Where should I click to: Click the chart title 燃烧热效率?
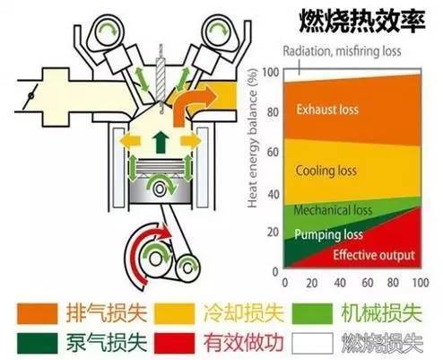362,21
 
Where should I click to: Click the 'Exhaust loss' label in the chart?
327,110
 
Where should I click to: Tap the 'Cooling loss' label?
326,171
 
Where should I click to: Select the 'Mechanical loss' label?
333,210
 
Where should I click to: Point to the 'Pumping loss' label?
328,234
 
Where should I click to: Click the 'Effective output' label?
374,255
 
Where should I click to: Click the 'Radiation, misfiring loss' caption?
342,51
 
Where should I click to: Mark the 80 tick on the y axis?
273,112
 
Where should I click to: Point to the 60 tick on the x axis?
368,283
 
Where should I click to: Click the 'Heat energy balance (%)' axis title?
253,138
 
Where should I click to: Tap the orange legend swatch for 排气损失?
38,313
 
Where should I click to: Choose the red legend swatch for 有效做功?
175,343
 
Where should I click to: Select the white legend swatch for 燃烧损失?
312,343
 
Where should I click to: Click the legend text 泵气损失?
107,343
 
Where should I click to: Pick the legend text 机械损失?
382,313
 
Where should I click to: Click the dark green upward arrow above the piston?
161,142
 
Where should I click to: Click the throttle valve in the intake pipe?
30,96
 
